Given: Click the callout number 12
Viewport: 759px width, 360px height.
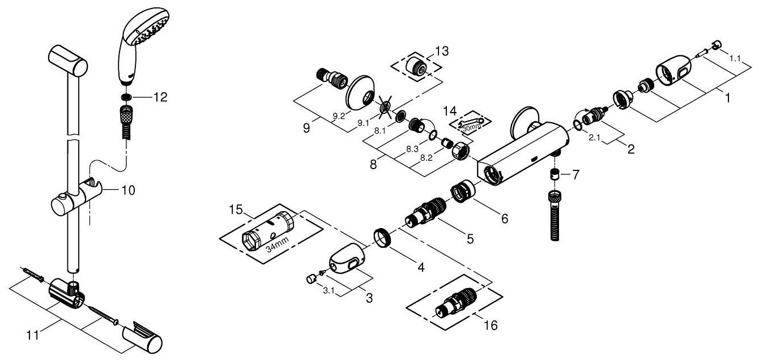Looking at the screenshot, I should [160, 97].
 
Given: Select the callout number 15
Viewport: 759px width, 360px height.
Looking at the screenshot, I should [235, 211].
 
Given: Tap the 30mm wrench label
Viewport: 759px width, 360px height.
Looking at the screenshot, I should [471, 128].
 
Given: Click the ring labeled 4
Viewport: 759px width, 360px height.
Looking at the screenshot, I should [382, 234].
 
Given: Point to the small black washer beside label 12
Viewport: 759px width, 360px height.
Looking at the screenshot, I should [128, 97].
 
